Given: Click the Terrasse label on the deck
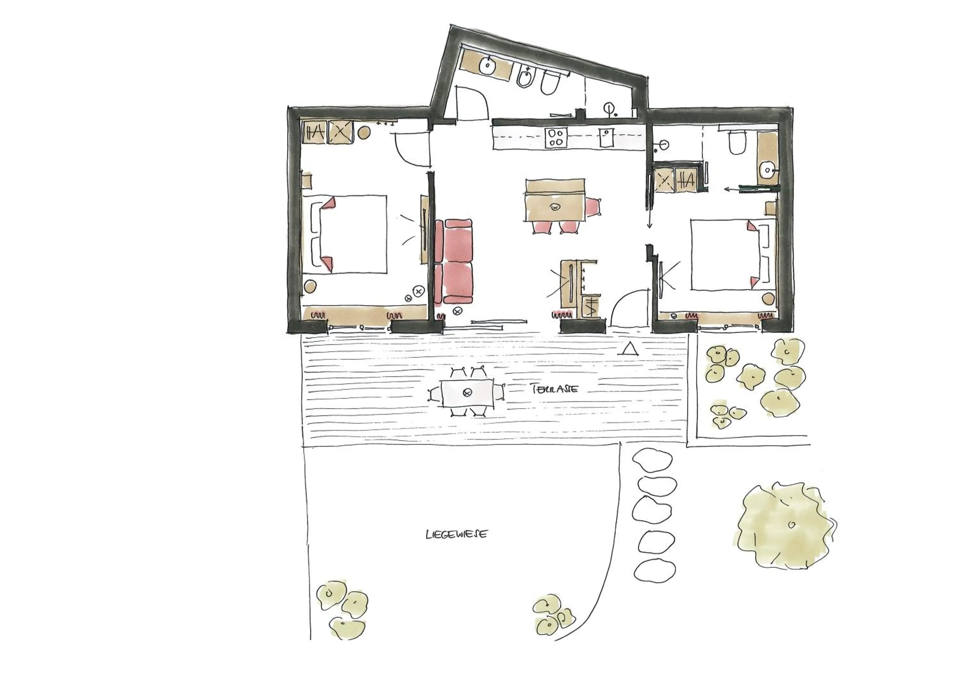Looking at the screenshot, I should [x=555, y=389].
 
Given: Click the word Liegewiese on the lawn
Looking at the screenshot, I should [x=456, y=534].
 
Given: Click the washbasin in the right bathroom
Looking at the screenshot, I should [x=767, y=169].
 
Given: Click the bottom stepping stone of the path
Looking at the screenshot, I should [x=655, y=571].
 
